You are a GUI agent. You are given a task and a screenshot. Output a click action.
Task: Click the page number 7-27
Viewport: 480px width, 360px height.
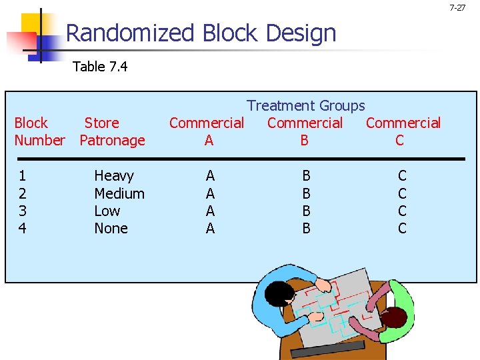[457, 8]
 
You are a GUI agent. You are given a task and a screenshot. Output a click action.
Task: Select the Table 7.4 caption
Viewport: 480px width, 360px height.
[100, 66]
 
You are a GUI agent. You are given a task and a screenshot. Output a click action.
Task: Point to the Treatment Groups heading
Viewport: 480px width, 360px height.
[306, 105]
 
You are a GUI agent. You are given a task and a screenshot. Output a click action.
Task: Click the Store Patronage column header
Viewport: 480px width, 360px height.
[111, 131]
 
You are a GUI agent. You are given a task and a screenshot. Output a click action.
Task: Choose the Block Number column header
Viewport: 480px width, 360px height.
[39, 131]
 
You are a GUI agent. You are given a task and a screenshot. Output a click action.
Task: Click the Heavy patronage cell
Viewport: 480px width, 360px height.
[113, 176]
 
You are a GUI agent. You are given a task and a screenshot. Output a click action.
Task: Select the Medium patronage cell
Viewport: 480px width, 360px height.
[119, 193]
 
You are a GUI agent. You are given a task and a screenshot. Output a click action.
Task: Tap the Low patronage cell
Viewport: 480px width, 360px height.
[107, 211]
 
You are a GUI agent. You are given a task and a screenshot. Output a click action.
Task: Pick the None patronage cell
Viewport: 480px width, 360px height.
[111, 228]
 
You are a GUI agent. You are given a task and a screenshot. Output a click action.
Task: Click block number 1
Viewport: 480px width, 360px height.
[23, 176]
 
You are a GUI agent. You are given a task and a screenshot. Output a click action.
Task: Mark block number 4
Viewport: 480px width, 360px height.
[23, 228]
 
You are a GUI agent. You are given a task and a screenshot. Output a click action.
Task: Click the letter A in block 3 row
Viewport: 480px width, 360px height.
[210, 211]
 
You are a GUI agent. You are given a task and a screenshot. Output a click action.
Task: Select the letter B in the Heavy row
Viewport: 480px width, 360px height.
[306, 176]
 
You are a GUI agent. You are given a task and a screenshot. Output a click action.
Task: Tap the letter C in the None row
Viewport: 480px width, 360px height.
[402, 228]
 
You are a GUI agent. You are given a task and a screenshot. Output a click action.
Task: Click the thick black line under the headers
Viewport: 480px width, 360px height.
[240, 159]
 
